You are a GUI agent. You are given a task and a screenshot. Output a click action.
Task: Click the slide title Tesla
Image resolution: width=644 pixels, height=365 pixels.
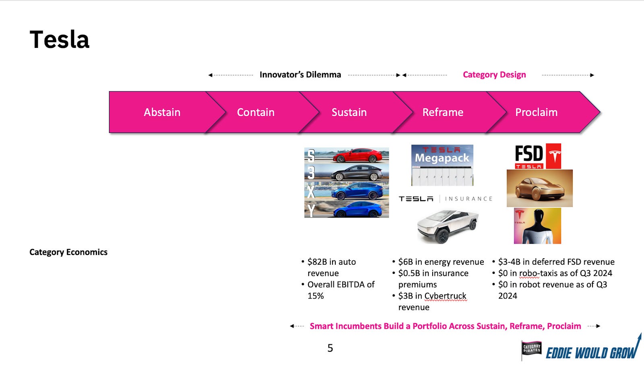click(60, 40)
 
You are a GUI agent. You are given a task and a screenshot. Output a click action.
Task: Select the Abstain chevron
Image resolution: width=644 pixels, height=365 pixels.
click(162, 112)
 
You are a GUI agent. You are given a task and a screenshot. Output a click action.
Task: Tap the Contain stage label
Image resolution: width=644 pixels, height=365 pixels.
click(256, 112)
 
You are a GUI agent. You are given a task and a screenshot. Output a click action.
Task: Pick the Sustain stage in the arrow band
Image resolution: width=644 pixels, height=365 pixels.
click(349, 112)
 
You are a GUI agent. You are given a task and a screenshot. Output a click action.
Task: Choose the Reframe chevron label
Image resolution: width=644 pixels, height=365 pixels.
click(443, 112)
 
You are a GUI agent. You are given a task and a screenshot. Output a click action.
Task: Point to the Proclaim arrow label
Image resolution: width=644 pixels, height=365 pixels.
click(536, 112)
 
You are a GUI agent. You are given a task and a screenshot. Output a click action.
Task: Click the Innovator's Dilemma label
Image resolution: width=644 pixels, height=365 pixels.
click(300, 75)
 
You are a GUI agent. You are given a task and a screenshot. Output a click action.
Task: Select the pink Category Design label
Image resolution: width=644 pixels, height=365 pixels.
click(494, 75)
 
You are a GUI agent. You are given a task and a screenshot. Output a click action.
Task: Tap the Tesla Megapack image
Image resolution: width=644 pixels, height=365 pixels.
click(442, 165)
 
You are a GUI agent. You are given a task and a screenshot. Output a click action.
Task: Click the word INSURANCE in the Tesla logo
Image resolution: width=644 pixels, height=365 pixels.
click(469, 199)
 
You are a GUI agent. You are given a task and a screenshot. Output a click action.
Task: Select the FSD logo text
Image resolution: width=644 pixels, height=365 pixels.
click(529, 154)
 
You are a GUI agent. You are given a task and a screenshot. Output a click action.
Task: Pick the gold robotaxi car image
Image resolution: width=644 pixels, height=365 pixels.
click(539, 188)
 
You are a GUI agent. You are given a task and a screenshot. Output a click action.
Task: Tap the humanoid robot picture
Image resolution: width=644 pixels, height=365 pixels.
click(537, 226)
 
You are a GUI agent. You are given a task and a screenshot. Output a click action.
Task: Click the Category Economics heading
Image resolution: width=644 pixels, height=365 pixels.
click(68, 252)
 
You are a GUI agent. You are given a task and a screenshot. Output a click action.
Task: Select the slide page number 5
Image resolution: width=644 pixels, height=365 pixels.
click(330, 348)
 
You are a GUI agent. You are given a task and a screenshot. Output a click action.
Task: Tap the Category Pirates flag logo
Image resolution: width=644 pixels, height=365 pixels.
click(532, 349)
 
